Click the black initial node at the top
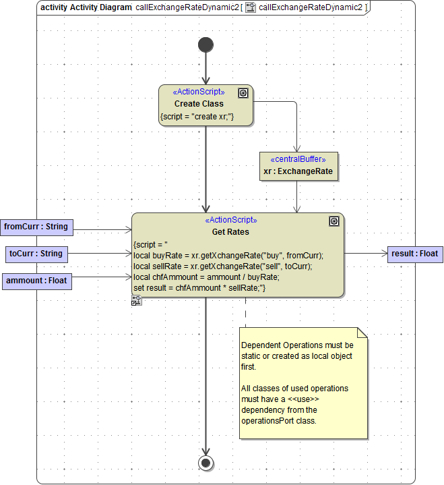tap(206, 45)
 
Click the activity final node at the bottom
tap(206, 463)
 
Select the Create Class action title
tap(199, 104)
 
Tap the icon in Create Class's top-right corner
tap(243, 93)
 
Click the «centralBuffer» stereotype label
tap(298, 160)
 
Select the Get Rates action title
tap(230, 232)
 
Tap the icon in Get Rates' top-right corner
tap(334, 221)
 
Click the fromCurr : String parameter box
tap(37, 227)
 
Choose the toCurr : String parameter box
tap(37, 254)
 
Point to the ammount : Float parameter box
tap(37, 281)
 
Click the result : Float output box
tap(415, 254)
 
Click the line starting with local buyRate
tap(228, 255)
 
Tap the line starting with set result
tap(200, 288)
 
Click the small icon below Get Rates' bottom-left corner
tap(136, 301)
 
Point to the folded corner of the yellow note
tap(362, 333)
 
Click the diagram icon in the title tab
tap(250, 7)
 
